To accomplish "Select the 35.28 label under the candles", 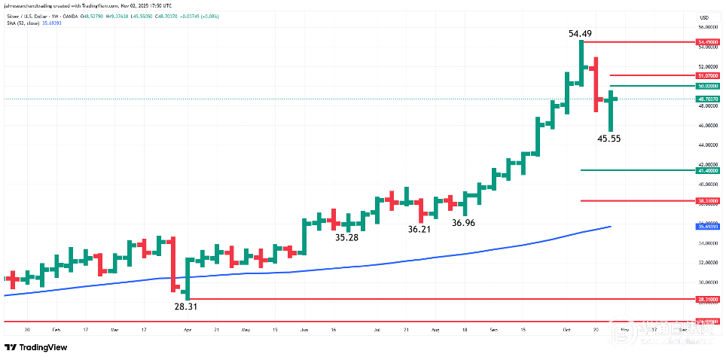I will [347, 237].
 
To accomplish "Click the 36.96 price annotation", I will [464, 223].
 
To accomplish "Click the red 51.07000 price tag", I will [707, 76].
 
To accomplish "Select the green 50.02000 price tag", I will [707, 87].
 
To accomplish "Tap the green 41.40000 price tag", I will [707, 171].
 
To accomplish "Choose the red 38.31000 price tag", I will [707, 201].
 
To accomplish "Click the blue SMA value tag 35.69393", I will [707, 227].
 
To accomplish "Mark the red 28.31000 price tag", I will [707, 300].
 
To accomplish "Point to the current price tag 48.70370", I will [707, 99].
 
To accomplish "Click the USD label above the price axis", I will [705, 17].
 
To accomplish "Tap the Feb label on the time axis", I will [56, 330].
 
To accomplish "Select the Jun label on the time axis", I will [304, 330].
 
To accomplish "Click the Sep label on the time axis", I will [493, 330].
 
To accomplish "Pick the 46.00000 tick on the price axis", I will [707, 125].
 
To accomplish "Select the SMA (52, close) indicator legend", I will [38, 23].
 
